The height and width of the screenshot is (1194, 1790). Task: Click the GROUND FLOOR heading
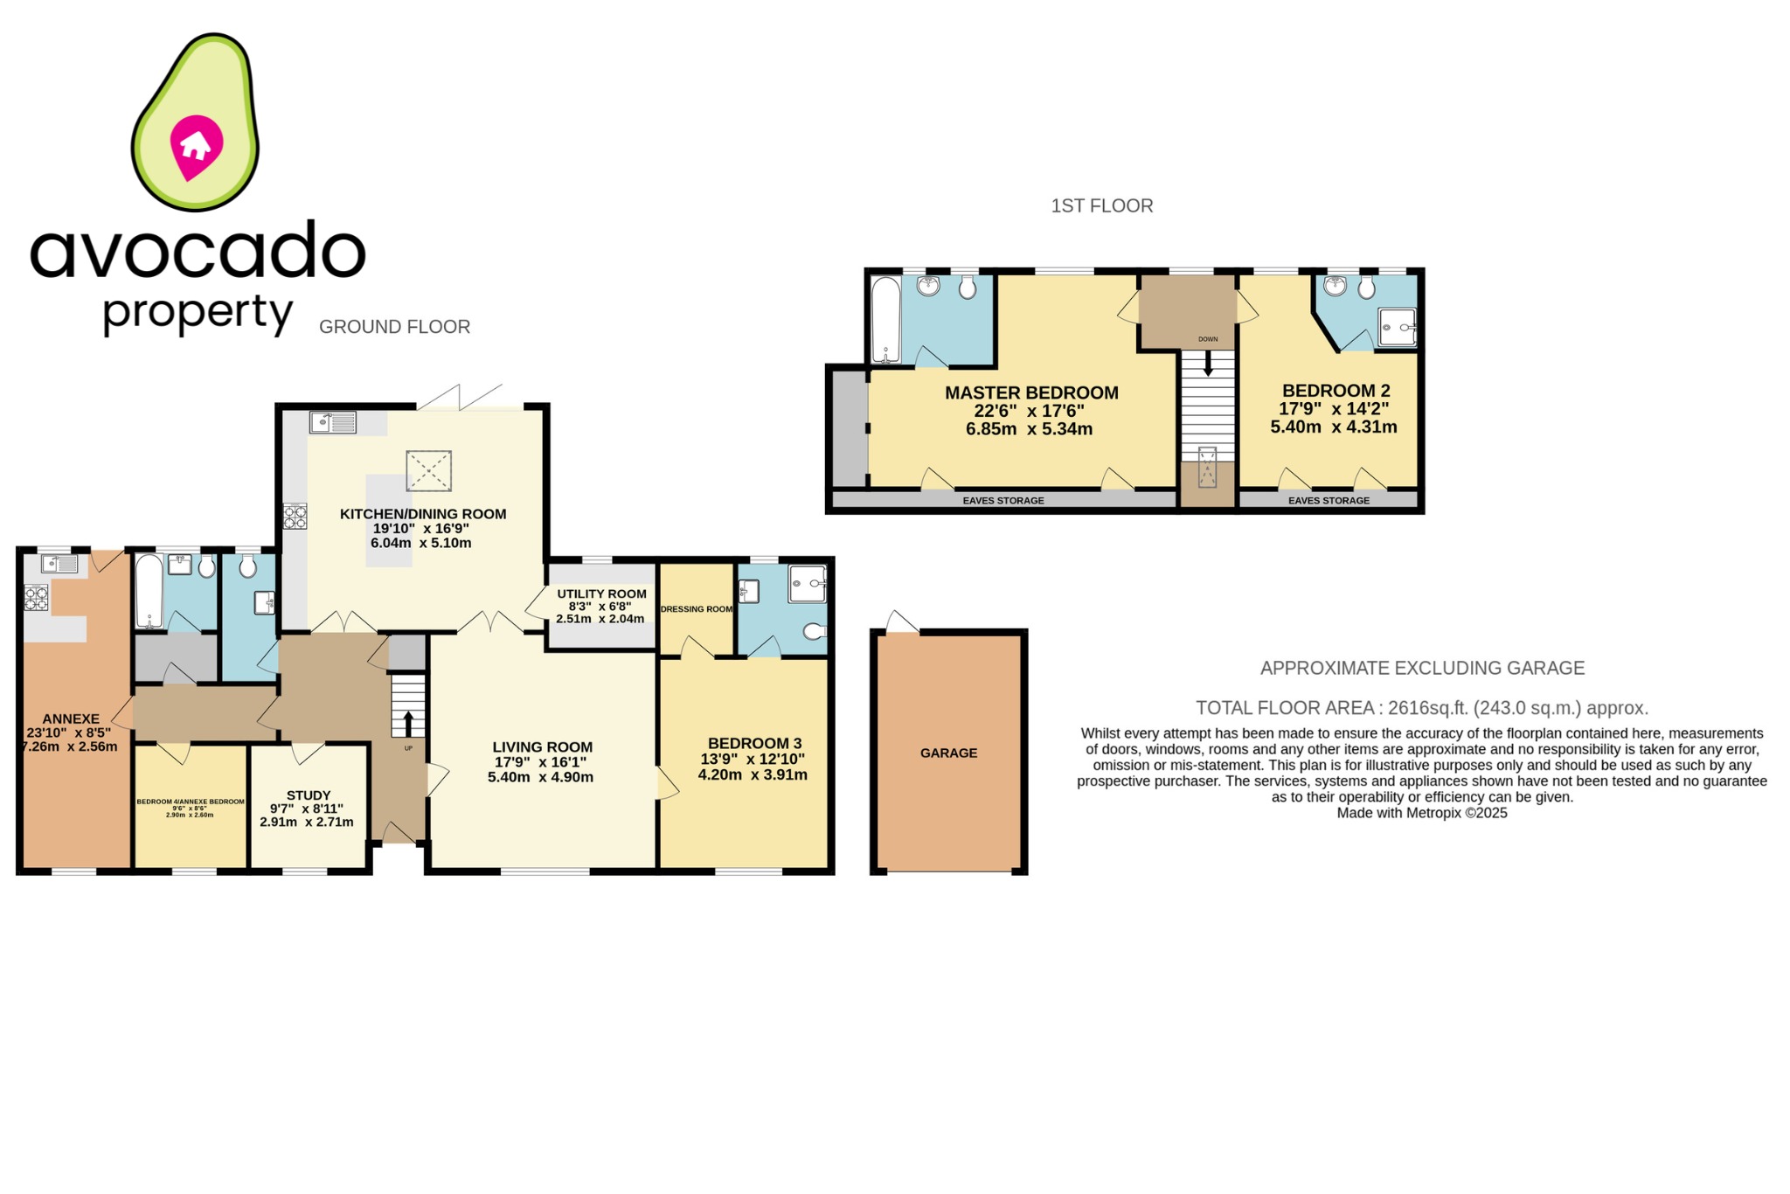pos(394,327)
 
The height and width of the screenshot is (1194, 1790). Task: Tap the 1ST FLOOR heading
pos(1101,206)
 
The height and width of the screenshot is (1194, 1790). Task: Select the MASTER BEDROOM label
pos(1031,393)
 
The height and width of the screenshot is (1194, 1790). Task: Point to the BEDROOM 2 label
pos(1336,391)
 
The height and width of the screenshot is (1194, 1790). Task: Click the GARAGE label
pos(948,753)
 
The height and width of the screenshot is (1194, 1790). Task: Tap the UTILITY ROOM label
pos(601,594)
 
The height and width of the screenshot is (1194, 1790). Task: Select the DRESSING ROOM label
pos(696,609)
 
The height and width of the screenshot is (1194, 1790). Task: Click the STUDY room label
pos(309,795)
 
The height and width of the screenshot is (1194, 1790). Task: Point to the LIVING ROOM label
pos(542,747)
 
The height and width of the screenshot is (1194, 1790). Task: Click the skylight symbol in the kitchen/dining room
pos(428,471)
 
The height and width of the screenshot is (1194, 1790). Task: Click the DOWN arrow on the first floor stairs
pos(1208,363)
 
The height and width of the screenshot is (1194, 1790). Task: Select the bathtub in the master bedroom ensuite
pos(886,320)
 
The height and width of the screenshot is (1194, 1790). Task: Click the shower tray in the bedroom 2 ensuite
pos(1396,328)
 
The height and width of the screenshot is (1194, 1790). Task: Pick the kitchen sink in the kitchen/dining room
pos(333,423)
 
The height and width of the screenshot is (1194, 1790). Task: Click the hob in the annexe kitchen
pos(36,599)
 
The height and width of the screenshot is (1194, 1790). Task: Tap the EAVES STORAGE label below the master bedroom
pos(1003,501)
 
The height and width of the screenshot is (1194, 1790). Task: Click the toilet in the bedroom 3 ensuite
pos(814,631)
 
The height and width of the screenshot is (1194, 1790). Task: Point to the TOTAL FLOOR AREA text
pos(1421,708)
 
